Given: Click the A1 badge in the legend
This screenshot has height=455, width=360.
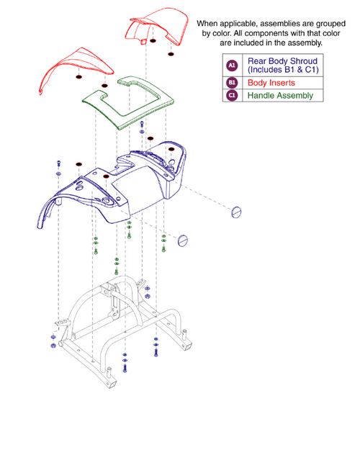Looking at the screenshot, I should click(232, 66).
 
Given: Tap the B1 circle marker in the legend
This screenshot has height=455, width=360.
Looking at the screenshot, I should click(232, 83).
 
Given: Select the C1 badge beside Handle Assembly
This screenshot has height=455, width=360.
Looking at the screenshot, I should click(232, 95).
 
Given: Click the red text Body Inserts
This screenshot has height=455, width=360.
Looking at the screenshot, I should click(271, 83).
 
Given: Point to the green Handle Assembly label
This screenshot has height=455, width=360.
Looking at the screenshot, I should click(280, 95).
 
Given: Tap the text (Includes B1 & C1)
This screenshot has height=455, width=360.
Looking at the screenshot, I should click(283, 71).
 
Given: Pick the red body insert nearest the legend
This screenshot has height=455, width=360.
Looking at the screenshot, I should click(154, 25).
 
